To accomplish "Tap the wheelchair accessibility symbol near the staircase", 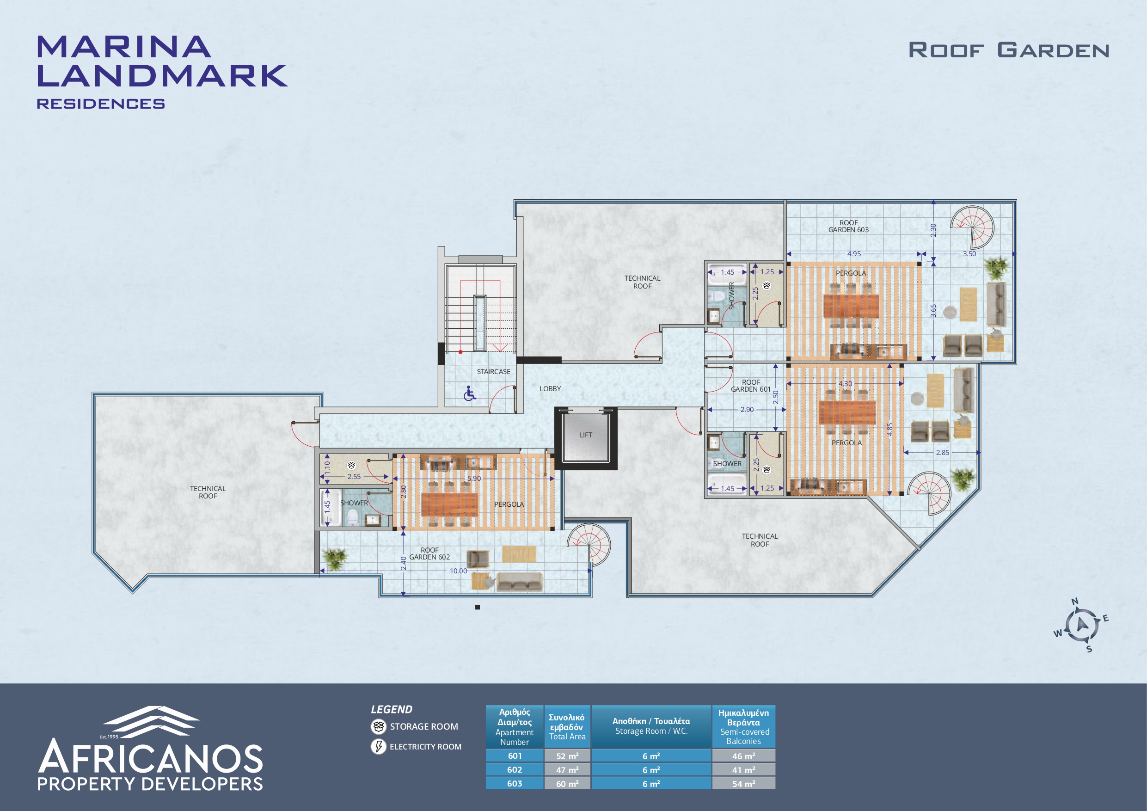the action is pyautogui.click(x=470, y=393).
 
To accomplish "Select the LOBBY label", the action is pyautogui.click(x=550, y=388).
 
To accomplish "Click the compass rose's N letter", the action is pyautogui.click(x=1075, y=601).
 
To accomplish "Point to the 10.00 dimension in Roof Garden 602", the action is pyautogui.click(x=458, y=571).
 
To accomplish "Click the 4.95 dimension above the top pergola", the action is pyautogui.click(x=854, y=253).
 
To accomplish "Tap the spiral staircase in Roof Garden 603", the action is pyautogui.click(x=972, y=228).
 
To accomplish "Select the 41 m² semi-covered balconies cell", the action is pyautogui.click(x=743, y=769).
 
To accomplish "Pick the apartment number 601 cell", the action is pyautogui.click(x=515, y=756).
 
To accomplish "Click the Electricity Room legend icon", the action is pyautogui.click(x=378, y=747).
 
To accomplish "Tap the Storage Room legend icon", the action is pyautogui.click(x=378, y=726).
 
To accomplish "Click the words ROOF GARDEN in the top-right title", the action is pyautogui.click(x=1009, y=50).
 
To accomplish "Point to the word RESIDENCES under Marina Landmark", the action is pyautogui.click(x=101, y=104).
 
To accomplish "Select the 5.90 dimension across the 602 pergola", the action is pyautogui.click(x=473, y=478).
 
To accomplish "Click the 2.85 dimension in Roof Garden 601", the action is pyautogui.click(x=942, y=452).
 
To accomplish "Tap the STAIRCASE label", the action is pyautogui.click(x=494, y=371).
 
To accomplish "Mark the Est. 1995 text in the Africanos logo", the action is pyautogui.click(x=109, y=737).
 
